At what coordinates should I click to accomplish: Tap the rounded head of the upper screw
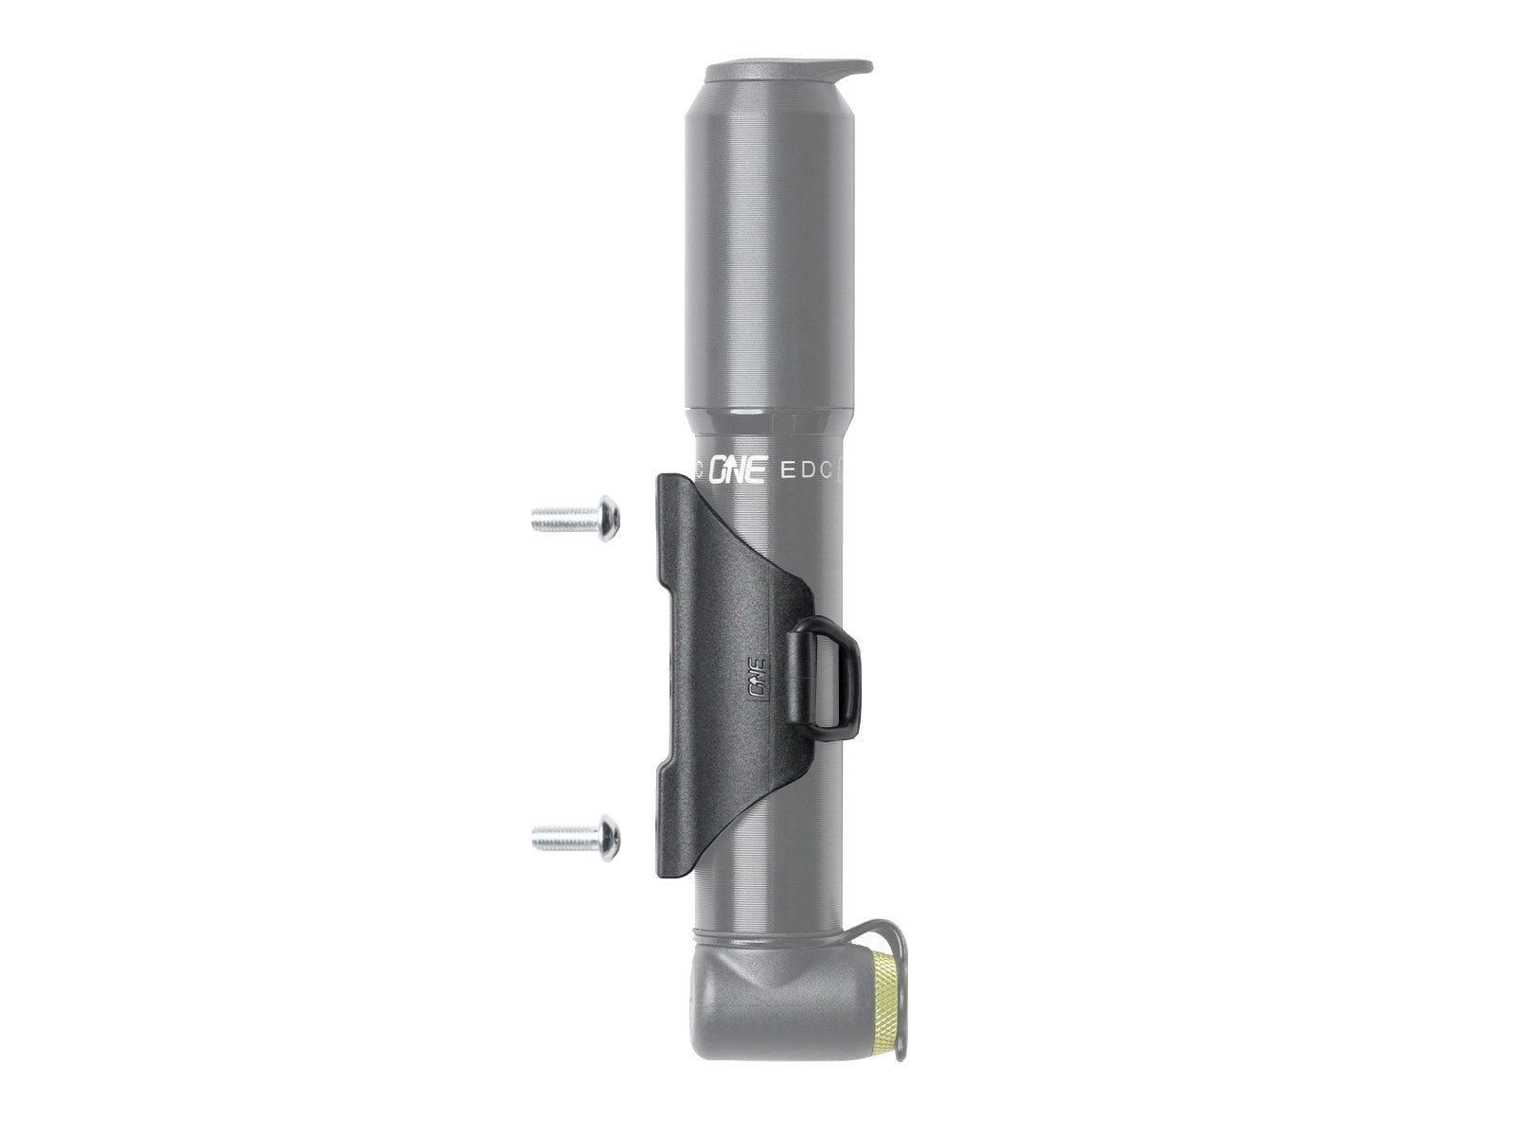coord(610,518)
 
